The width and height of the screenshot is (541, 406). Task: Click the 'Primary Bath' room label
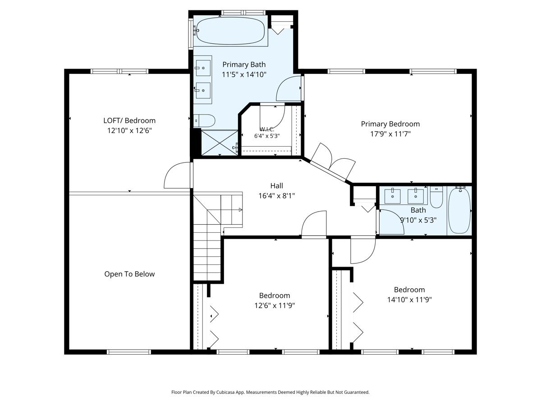(x=244, y=65)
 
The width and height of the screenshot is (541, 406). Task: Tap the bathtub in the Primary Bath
(x=230, y=31)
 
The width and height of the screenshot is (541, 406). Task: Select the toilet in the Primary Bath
(x=204, y=120)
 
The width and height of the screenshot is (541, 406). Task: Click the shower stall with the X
(x=220, y=143)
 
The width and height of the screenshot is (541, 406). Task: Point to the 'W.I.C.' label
(x=267, y=129)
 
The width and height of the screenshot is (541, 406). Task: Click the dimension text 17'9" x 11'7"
(x=390, y=134)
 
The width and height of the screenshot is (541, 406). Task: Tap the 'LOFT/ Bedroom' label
(x=129, y=120)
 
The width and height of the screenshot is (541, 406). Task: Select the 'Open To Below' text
(x=129, y=274)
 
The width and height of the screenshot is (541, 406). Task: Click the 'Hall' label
(x=276, y=185)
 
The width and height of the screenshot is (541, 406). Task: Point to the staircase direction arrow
(x=240, y=210)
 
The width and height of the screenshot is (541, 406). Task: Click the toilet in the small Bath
(x=436, y=197)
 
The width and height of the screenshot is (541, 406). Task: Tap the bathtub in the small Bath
(x=459, y=211)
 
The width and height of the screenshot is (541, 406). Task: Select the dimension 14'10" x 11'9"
(x=409, y=300)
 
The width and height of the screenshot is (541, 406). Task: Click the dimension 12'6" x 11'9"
(x=275, y=305)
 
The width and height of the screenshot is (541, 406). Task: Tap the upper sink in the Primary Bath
(x=203, y=68)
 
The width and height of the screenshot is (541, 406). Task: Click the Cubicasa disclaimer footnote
(x=270, y=392)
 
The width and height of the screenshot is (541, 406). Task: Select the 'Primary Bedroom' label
(x=390, y=124)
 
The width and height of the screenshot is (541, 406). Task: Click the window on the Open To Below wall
(x=129, y=352)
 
